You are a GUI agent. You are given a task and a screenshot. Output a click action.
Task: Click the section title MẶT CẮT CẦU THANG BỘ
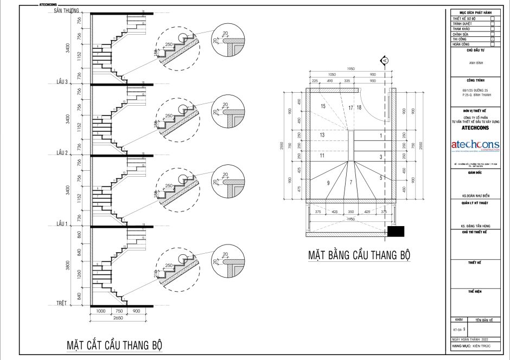(x=114, y=344)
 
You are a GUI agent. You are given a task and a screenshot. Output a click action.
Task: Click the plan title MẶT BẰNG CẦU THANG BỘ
(x=359, y=255)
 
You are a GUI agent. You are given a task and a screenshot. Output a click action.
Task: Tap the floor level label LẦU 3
(x=62, y=82)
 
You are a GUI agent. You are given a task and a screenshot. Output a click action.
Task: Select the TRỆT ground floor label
(x=65, y=303)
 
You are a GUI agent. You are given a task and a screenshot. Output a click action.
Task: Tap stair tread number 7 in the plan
(x=350, y=182)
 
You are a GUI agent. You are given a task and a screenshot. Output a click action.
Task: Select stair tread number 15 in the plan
(x=323, y=106)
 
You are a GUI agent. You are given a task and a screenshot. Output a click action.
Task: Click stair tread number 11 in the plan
(x=322, y=156)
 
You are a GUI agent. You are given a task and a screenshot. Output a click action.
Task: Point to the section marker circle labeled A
(x=385, y=60)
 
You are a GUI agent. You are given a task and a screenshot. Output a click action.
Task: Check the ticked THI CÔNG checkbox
(x=492, y=40)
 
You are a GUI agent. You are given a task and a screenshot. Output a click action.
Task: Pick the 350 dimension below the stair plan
(x=351, y=212)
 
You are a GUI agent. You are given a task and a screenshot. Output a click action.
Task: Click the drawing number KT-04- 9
(x=460, y=329)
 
